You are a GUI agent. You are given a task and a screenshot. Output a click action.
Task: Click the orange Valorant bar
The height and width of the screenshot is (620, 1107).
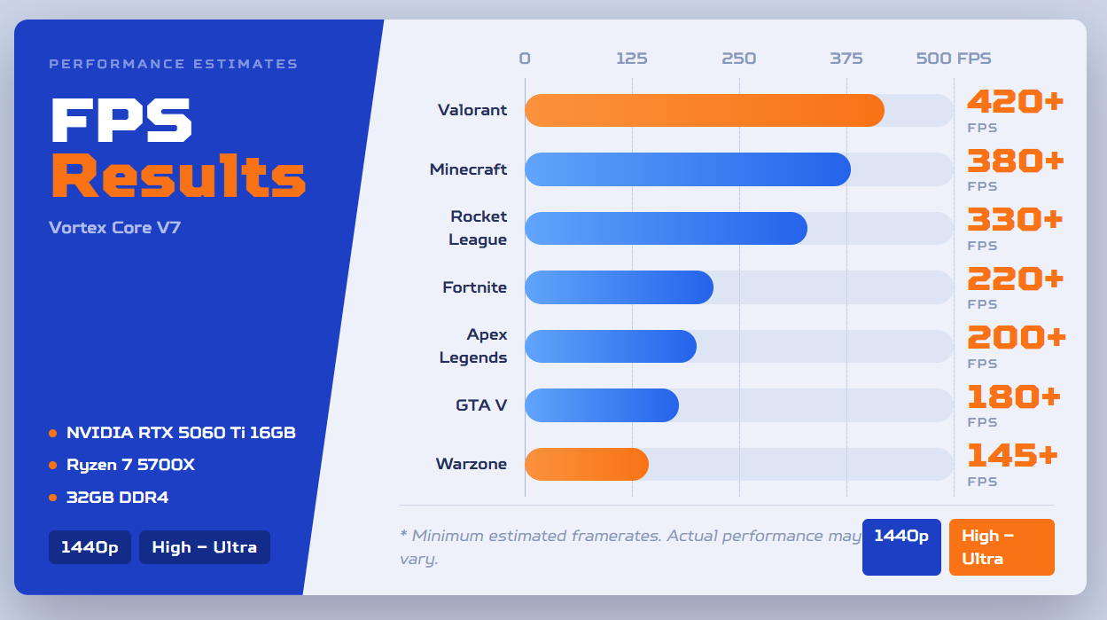705,110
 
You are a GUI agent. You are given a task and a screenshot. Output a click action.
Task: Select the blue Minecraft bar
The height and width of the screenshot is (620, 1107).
688,169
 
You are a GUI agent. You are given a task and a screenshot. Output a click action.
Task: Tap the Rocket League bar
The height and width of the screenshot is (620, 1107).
666,229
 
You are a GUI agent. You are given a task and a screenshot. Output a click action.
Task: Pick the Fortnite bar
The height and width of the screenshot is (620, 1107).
619,287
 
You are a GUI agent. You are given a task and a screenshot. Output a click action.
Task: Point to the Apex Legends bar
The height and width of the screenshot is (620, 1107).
611,346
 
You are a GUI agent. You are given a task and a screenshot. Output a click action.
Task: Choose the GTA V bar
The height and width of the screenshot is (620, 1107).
602,405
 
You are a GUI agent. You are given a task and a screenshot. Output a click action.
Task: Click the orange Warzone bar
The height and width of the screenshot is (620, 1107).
587,464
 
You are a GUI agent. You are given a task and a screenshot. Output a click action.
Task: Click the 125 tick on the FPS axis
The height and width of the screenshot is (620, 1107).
632,59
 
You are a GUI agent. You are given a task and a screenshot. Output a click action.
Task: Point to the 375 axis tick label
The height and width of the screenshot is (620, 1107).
846,59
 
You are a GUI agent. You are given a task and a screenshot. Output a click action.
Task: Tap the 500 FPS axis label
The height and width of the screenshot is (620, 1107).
954,59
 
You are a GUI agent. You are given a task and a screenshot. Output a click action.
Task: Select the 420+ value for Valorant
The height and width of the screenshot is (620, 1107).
1015,102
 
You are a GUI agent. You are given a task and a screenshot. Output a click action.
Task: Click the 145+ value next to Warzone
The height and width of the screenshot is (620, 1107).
1012,455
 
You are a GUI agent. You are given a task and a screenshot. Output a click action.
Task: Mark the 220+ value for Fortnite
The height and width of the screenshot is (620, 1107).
1015,279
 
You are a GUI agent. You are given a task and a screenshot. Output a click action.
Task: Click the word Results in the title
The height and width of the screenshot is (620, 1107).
178,176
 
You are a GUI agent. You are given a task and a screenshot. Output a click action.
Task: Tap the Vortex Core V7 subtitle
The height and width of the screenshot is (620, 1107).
114,227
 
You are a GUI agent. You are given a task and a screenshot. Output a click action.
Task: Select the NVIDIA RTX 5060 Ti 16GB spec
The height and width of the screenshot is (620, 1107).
181,433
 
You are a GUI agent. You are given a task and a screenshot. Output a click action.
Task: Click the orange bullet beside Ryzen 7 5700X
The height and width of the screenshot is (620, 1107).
53,466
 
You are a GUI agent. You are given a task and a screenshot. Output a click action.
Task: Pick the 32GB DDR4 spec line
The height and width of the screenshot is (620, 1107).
117,498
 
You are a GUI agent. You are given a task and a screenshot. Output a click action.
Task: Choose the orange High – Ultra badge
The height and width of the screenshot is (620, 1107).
1002,547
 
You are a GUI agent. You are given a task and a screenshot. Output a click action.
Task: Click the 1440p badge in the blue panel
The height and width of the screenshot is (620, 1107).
90,547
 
